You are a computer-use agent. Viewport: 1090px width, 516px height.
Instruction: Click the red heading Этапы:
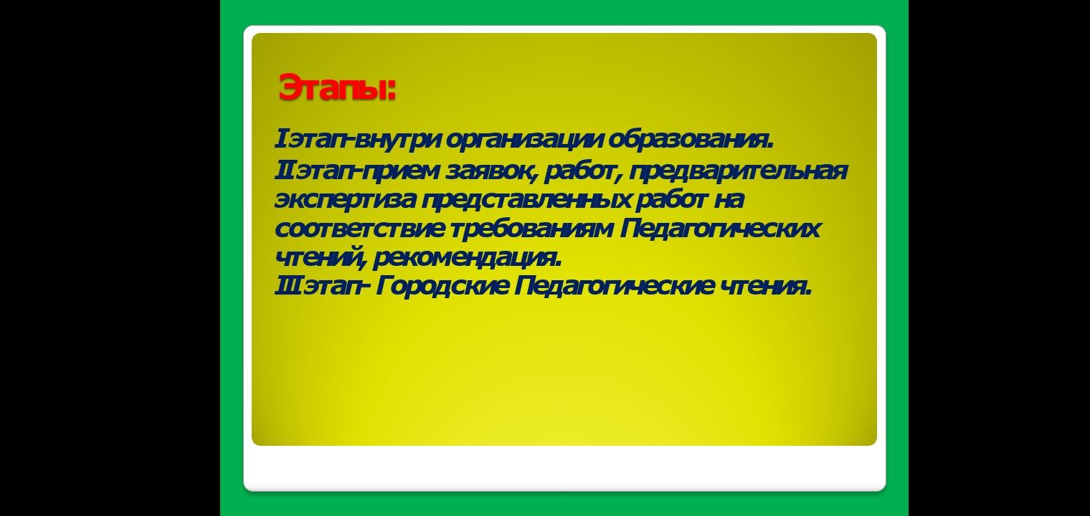(x=337, y=87)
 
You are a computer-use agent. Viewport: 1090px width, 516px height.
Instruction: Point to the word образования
(x=691, y=140)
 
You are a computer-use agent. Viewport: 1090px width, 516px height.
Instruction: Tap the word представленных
(x=526, y=200)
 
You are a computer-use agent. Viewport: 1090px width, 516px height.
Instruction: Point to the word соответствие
(x=359, y=229)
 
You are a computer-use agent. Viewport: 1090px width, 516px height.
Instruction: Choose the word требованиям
(x=531, y=228)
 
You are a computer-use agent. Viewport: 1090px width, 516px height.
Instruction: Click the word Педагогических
(x=720, y=228)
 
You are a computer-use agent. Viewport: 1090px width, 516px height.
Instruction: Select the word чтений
(x=320, y=257)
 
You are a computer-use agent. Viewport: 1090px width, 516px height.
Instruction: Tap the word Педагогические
(x=614, y=285)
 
